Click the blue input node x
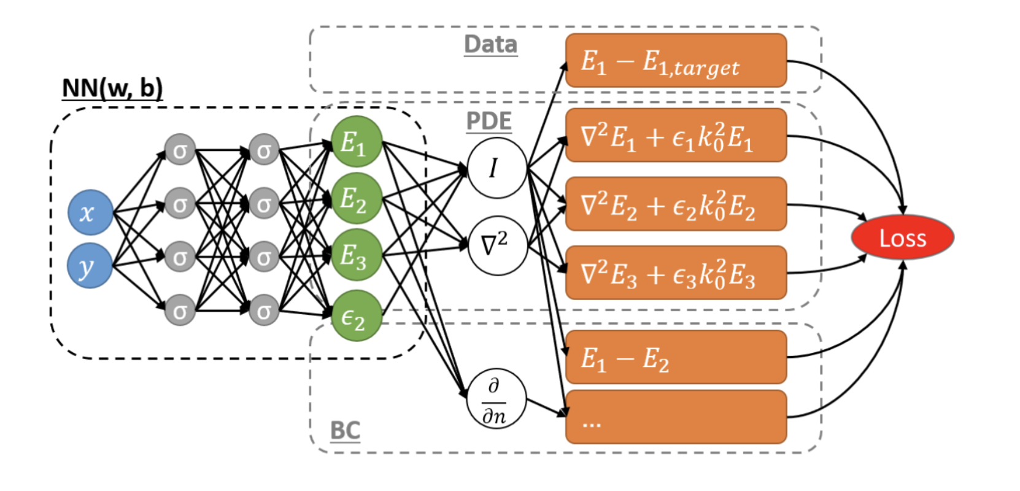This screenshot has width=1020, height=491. coord(90,212)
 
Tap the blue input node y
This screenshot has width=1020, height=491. coord(90,266)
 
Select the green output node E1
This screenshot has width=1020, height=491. coord(356,142)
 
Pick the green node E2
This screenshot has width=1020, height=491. coord(356,198)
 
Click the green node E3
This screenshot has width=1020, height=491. coord(356,255)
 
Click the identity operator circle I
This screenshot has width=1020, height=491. coord(496,168)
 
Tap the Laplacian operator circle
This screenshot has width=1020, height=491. coord(496,245)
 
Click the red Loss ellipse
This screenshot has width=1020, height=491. coord(902,238)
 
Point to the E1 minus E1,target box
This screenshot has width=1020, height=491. coord(676,61)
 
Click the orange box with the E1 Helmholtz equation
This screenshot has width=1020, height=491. coord(676,136)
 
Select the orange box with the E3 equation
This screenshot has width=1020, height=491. coord(676,273)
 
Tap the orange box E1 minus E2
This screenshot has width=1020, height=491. coord(676,357)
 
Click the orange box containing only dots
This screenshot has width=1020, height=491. coord(676,417)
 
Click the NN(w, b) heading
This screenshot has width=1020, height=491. coord(112,88)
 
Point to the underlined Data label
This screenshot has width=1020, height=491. coord(490,45)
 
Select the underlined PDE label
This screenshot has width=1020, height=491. coord(489,121)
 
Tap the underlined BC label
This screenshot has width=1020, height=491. coord(345,430)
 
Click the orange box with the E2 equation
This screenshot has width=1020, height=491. coord(676,204)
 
